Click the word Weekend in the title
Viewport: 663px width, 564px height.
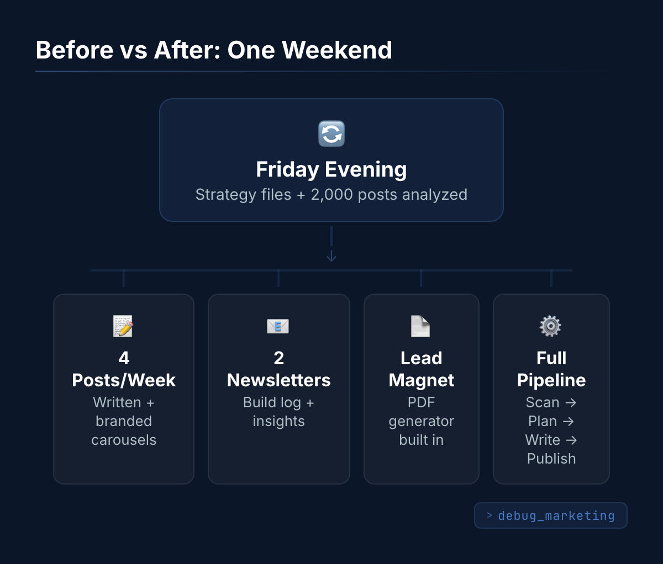coord(337,50)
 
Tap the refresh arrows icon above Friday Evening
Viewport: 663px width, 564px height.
coord(331,134)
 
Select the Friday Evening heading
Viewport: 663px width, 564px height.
coord(331,169)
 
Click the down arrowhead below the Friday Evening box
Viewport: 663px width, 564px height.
coord(331,256)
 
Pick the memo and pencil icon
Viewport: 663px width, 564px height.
coord(123,326)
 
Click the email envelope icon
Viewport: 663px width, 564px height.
coord(278,326)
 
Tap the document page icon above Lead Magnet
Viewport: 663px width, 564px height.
coord(420,326)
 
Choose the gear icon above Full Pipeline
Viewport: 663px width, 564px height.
coord(550,326)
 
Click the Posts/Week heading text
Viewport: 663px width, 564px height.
coord(124,380)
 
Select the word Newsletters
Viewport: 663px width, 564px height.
coord(278,380)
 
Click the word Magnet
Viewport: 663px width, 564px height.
coord(421,380)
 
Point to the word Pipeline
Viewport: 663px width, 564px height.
coord(551,380)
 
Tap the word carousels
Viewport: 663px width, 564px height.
coord(124,440)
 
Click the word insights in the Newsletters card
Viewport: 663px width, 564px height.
coord(278,421)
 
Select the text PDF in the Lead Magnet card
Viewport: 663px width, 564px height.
coord(421,402)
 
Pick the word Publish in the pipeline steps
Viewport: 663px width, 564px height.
coord(551,459)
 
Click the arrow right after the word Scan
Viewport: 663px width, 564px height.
coord(571,403)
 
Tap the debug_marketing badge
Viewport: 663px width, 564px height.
coord(551,515)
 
